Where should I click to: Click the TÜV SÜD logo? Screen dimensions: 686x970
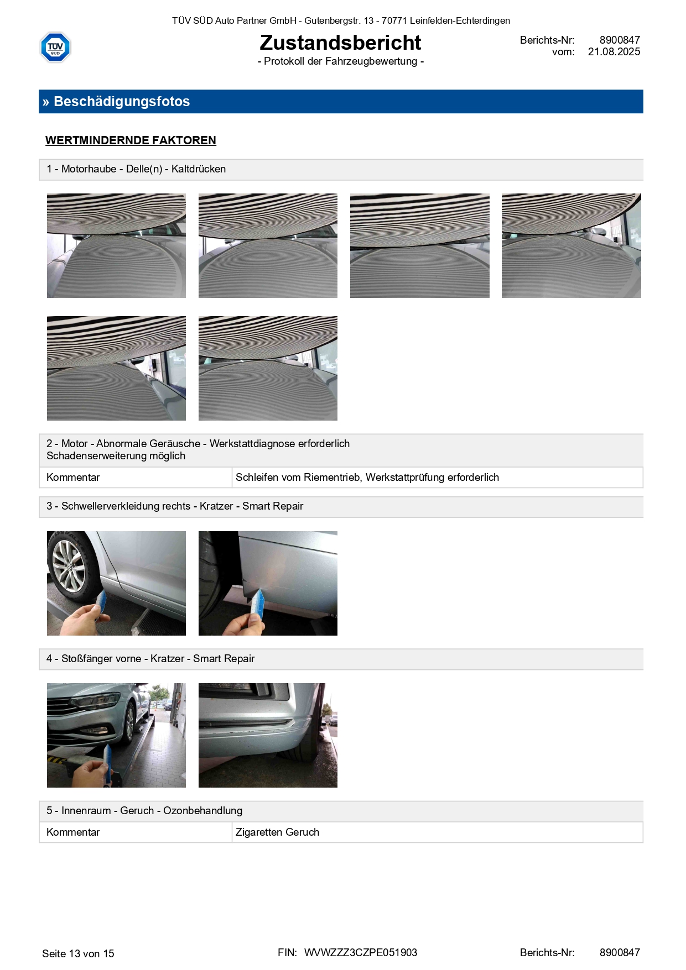(x=55, y=47)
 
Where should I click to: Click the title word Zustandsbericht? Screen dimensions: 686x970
(x=340, y=43)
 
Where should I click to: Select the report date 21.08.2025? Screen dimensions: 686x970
(x=614, y=52)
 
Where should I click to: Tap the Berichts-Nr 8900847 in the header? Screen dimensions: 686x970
(x=620, y=40)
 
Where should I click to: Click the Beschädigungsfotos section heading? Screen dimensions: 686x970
(x=122, y=102)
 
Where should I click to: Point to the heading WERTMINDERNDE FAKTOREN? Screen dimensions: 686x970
(x=131, y=140)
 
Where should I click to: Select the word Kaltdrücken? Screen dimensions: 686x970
(x=199, y=169)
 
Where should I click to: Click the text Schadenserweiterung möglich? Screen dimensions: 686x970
(x=116, y=456)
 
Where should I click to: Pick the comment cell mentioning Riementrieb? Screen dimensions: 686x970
(x=437, y=478)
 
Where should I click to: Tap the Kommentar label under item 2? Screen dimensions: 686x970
(x=73, y=478)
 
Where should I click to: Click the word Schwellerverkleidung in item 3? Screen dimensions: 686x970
(x=126, y=506)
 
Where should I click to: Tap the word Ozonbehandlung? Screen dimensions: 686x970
(x=202, y=811)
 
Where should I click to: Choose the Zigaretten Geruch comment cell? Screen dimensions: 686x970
(x=437, y=832)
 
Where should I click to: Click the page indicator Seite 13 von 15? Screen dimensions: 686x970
(x=78, y=953)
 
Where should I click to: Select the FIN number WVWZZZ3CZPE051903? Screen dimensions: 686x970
(x=361, y=953)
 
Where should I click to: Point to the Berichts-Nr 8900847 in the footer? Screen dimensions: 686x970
(x=620, y=953)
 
